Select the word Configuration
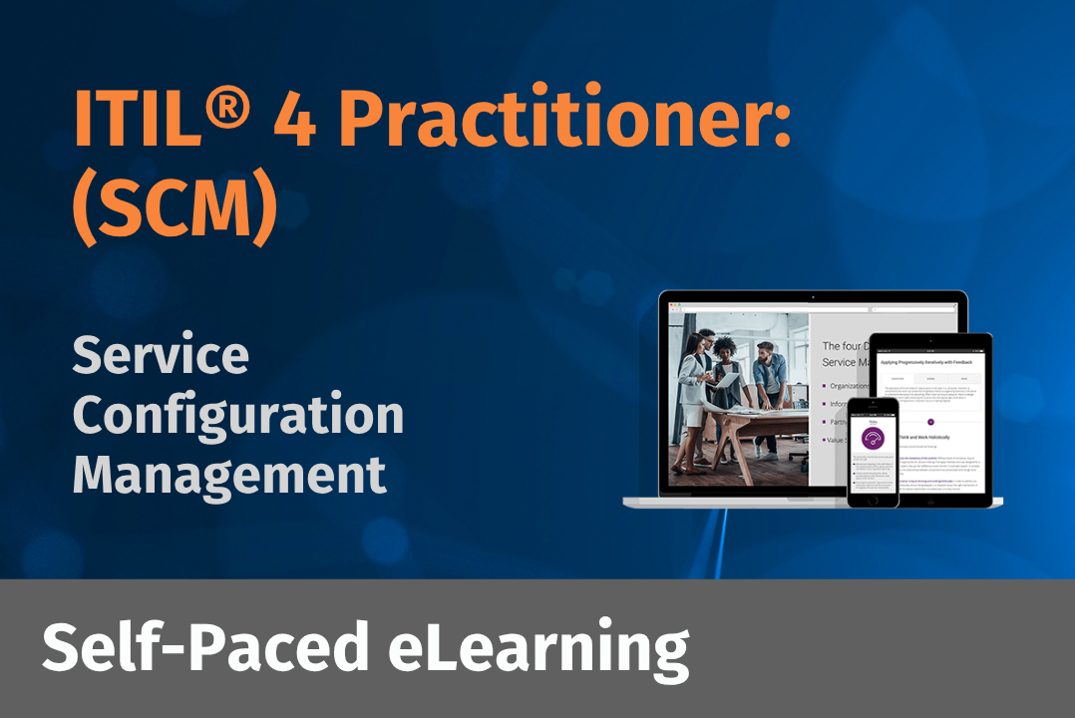coord(238,417)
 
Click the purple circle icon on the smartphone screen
coord(874,441)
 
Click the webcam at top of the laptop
coord(813,297)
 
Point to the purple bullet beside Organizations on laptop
coord(825,386)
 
